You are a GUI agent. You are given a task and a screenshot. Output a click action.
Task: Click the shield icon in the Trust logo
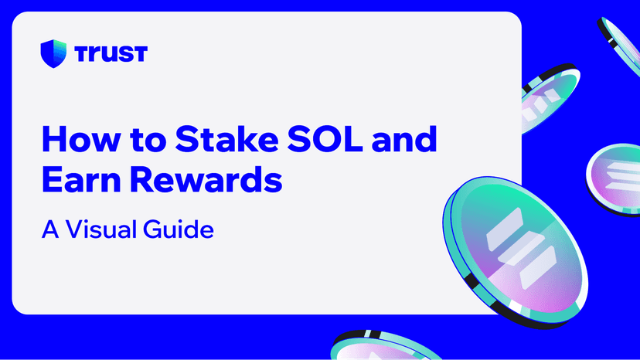pos(53,53)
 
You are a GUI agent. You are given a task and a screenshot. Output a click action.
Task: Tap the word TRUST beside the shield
pos(111,54)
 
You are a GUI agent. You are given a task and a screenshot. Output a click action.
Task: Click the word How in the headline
pos(81,139)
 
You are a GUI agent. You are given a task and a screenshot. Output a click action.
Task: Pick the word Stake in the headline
pos(227,139)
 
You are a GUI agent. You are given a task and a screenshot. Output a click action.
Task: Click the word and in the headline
pos(404,139)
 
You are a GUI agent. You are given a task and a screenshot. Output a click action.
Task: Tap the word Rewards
pos(206,178)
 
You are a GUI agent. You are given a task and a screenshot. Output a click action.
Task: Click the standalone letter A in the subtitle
pos(50,229)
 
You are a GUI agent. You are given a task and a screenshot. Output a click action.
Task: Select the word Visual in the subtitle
pos(100,229)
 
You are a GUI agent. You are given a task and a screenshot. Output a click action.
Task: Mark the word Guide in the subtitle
pos(179,229)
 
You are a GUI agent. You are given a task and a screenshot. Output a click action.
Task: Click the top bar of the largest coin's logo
pos(505,229)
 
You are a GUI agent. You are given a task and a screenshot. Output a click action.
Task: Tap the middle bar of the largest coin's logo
pos(521,248)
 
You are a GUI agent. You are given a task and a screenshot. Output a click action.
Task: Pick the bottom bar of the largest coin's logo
pos(538,268)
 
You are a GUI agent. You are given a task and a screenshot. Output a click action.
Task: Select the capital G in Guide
pos(151,229)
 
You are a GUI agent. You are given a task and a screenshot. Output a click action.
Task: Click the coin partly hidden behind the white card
pos(550,99)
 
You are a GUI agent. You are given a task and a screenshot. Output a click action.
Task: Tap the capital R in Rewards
pos(141,179)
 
